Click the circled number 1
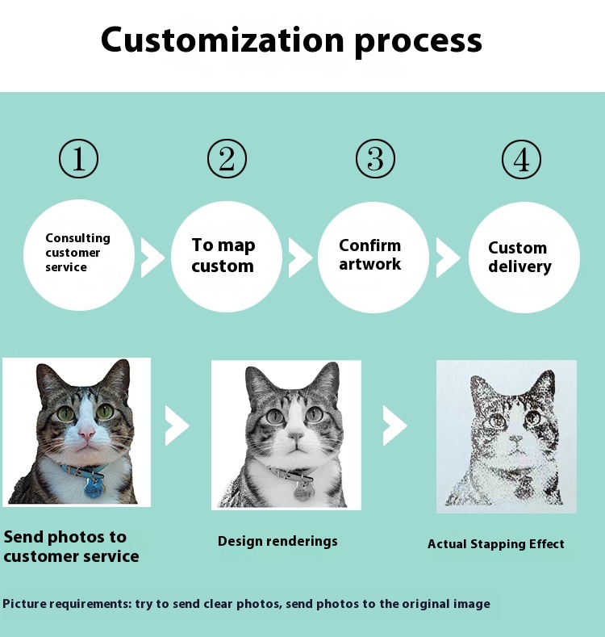click(x=78, y=158)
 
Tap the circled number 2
click(x=227, y=158)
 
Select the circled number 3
click(x=375, y=158)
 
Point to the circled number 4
click(x=522, y=159)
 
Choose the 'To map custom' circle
click(x=226, y=256)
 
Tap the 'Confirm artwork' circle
click(x=373, y=256)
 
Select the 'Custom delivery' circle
click(x=524, y=257)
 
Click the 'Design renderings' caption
click(x=277, y=541)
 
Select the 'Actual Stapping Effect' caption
click(x=495, y=544)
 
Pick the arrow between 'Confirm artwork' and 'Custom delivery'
click(x=447, y=257)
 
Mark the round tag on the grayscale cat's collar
click(x=303, y=490)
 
